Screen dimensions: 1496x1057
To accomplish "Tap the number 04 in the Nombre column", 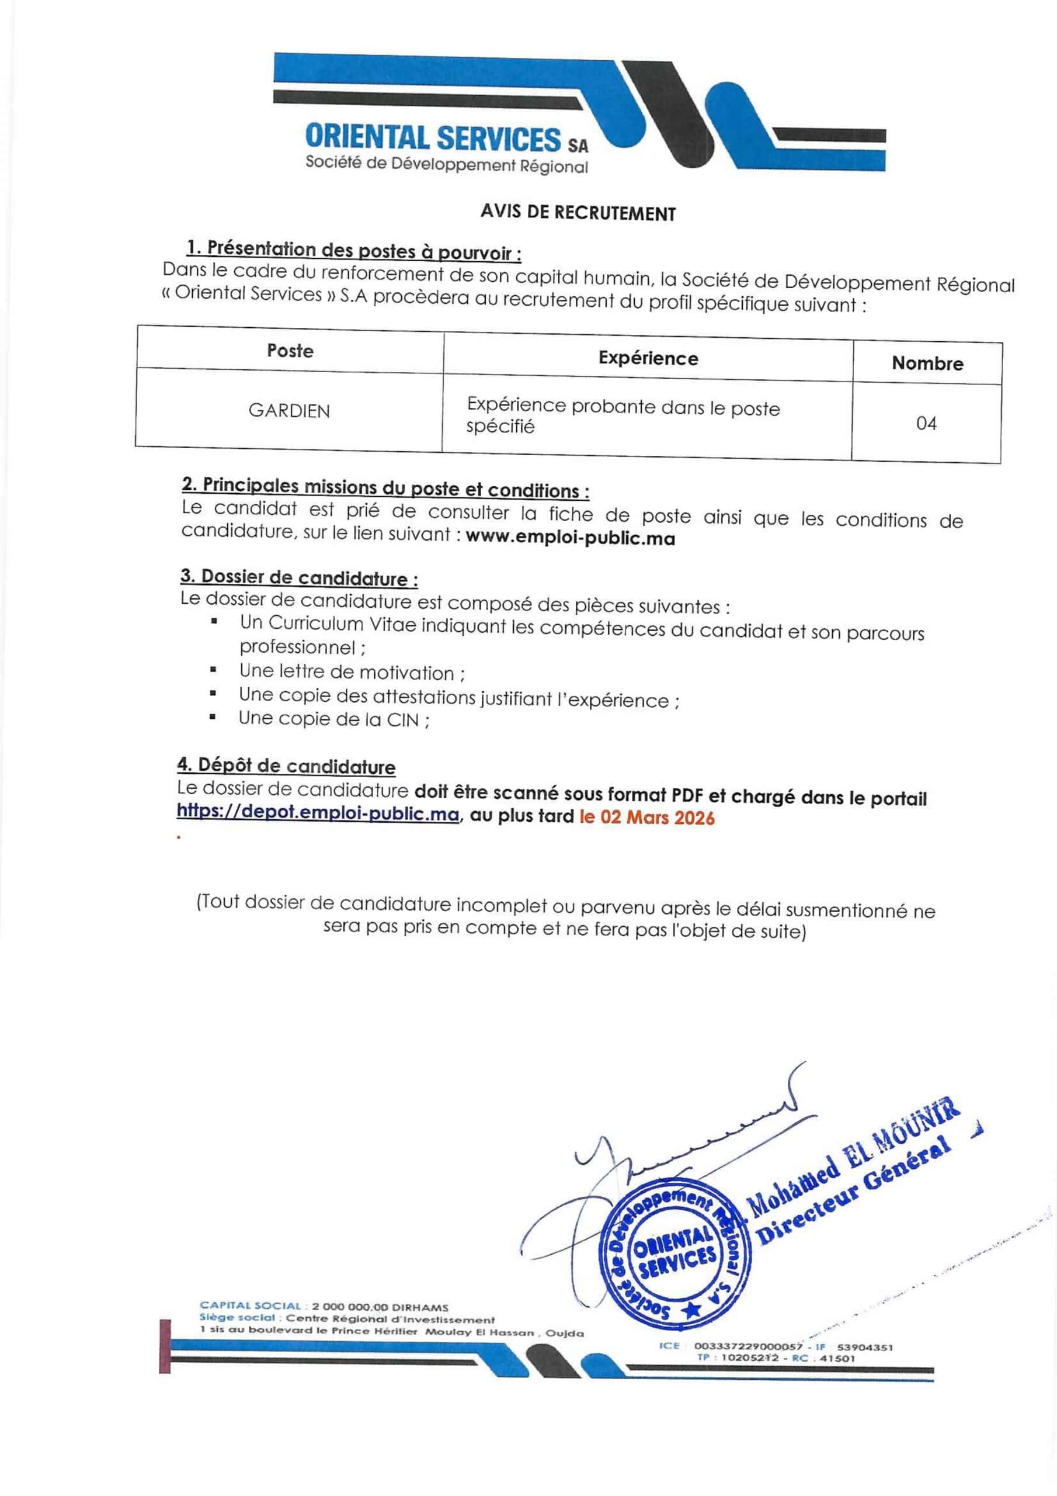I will coord(926,424).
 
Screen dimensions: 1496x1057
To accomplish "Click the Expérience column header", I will coord(648,358).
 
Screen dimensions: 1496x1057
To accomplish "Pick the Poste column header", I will coord(290,351).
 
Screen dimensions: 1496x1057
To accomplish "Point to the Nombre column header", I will coord(927,363).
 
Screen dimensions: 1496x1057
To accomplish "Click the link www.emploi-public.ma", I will coord(571,538).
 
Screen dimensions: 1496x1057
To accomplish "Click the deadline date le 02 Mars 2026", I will coord(646,818).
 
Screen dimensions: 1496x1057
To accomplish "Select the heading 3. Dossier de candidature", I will coord(299,577).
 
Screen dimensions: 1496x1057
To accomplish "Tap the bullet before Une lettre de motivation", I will coord(213,669).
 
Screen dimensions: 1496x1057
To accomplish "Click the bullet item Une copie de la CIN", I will coord(333,719).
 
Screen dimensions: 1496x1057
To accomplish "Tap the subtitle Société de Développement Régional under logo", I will coord(447,165).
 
